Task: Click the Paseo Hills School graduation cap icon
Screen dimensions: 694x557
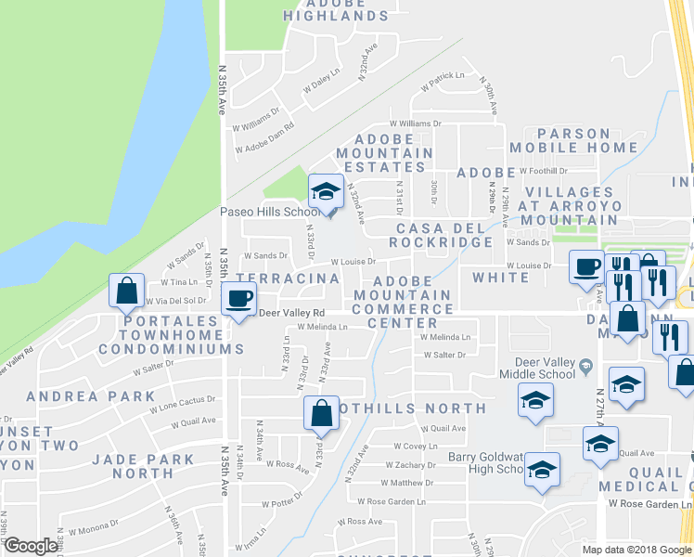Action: (x=326, y=192)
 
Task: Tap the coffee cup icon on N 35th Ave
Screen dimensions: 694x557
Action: (x=240, y=298)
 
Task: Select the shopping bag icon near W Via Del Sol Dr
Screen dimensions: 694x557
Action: (x=126, y=291)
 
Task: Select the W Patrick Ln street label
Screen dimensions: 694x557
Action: (x=442, y=82)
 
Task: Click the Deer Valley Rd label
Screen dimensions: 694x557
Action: (x=291, y=313)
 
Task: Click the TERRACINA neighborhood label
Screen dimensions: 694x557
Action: (x=287, y=278)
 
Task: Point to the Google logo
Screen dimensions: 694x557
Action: (x=31, y=546)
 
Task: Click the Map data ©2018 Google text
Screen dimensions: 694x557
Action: (x=637, y=550)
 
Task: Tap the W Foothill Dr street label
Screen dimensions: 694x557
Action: (x=543, y=172)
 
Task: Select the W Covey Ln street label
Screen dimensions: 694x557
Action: (x=415, y=446)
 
